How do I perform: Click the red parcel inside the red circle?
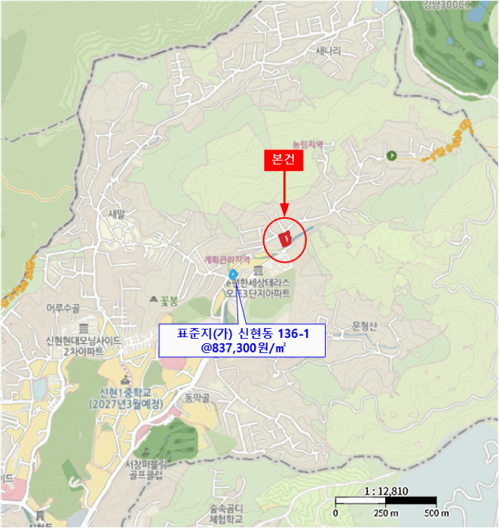coord(285,238)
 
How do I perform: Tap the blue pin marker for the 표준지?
coord(232,273)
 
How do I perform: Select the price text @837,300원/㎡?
coord(242,346)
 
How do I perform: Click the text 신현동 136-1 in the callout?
coord(272,332)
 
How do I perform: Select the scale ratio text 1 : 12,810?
coord(385,491)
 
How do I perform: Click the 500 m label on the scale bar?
coord(437,514)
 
